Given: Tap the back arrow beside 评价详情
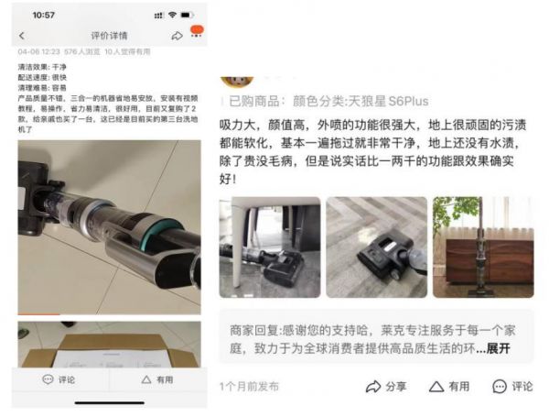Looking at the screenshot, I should pyautogui.click(x=22, y=36).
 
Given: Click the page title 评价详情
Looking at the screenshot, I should pyautogui.click(x=106, y=36).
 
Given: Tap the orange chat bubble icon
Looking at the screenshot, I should pyautogui.click(x=196, y=33).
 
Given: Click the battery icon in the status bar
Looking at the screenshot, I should pyautogui.click(x=188, y=15).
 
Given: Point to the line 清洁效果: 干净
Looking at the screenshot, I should pyautogui.click(x=42, y=68).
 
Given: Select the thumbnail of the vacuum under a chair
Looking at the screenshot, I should pyautogui.click(x=269, y=247).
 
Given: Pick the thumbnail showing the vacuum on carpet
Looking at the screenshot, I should pyautogui.click(x=376, y=247).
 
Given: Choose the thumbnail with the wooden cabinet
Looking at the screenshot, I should pyautogui.click(x=482, y=247).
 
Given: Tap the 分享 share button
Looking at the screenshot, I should pyautogui.click(x=388, y=387).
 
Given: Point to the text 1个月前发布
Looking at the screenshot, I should pyautogui.click(x=249, y=387).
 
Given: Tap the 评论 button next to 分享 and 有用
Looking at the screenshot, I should pyautogui.click(x=513, y=387).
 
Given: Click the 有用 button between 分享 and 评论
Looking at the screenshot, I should pyautogui.click(x=450, y=387).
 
